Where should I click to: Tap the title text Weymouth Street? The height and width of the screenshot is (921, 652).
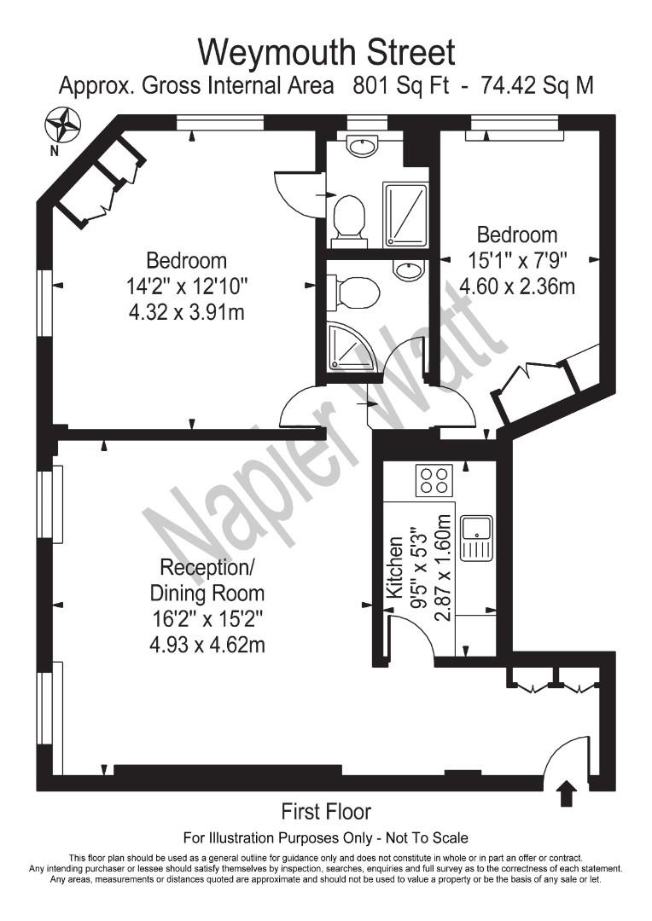tap(326, 52)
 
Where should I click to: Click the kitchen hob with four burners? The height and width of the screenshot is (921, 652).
tap(434, 480)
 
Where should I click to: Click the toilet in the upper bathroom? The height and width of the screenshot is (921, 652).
tap(349, 217)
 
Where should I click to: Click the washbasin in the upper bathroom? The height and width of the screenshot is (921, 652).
tap(365, 148)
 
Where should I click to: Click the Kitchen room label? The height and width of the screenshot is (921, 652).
tap(395, 568)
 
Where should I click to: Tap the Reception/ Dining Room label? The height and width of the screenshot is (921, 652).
tap(207, 579)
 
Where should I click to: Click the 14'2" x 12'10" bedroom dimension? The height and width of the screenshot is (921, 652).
tap(187, 287)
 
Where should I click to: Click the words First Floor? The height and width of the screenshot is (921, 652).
tap(326, 811)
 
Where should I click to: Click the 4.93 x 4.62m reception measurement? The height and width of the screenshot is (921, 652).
tap(207, 644)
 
